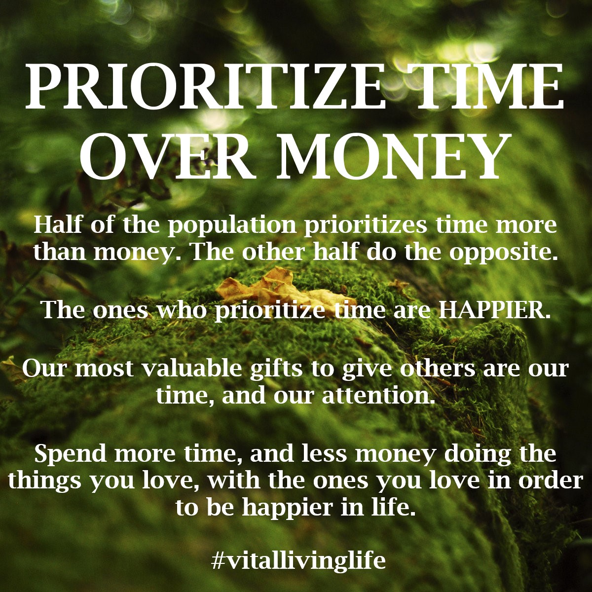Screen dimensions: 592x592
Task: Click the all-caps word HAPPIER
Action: pyautogui.click(x=493, y=310)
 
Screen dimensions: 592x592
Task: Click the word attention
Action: pyautogui.click(x=379, y=396)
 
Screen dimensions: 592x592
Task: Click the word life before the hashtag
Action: pyautogui.click(x=392, y=507)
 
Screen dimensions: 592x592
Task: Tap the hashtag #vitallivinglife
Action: pyautogui.click(x=298, y=560)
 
